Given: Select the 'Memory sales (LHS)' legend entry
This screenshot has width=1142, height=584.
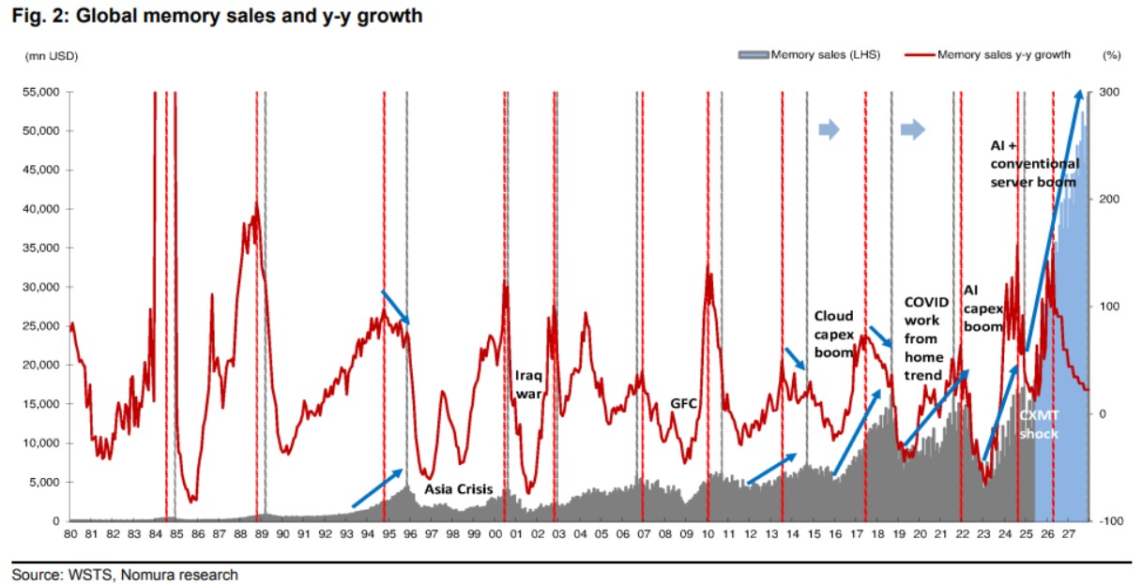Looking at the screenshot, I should pos(824,55).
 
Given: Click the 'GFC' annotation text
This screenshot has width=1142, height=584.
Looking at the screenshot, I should pos(683,404).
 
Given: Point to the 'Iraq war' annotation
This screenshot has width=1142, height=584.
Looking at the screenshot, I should pos(529,384).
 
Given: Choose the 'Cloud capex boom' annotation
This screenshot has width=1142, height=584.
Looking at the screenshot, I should pos(833,334).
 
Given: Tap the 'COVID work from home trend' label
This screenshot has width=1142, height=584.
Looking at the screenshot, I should pos(926,338).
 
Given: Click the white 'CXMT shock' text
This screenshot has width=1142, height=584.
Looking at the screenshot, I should pos(1038,426).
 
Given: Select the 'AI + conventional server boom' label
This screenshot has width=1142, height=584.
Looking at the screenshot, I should pos(1034,164).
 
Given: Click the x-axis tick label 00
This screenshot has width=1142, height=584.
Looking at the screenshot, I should pos(496,534).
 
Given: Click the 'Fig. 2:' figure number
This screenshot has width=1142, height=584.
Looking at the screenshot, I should pos(38,16).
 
